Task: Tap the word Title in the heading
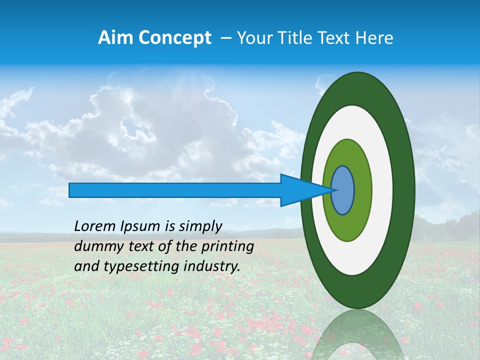tap(300, 38)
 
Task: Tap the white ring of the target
tap(382, 190)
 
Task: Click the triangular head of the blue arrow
tap(300, 190)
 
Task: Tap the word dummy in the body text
tap(95, 246)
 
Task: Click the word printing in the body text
tap(229, 246)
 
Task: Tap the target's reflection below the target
tap(357, 335)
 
